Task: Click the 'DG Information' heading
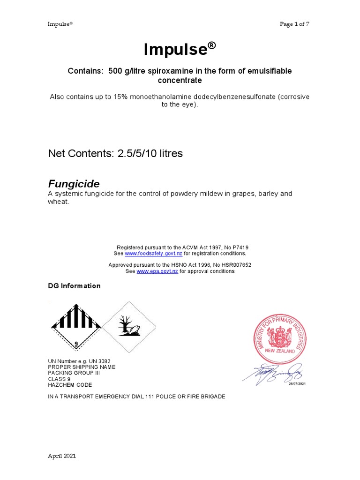[74, 286]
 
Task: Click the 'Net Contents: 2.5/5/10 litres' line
[115, 154]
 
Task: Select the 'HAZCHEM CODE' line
[70, 385]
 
